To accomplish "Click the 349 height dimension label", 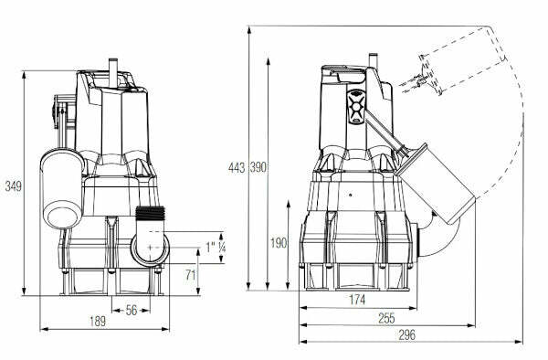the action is pyautogui.click(x=14, y=186).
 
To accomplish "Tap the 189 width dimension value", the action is pyautogui.click(x=98, y=322).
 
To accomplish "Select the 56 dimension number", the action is pyautogui.click(x=132, y=310).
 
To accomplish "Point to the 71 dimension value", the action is pyautogui.click(x=191, y=275).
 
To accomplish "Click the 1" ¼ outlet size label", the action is pyautogui.click(x=216, y=247).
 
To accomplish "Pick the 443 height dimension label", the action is pyautogui.click(x=237, y=168).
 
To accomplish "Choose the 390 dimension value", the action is pyautogui.click(x=258, y=168).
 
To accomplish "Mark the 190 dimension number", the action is pyautogui.click(x=279, y=242).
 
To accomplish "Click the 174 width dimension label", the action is pyautogui.click(x=357, y=299).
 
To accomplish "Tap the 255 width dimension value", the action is pyautogui.click(x=386, y=318).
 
